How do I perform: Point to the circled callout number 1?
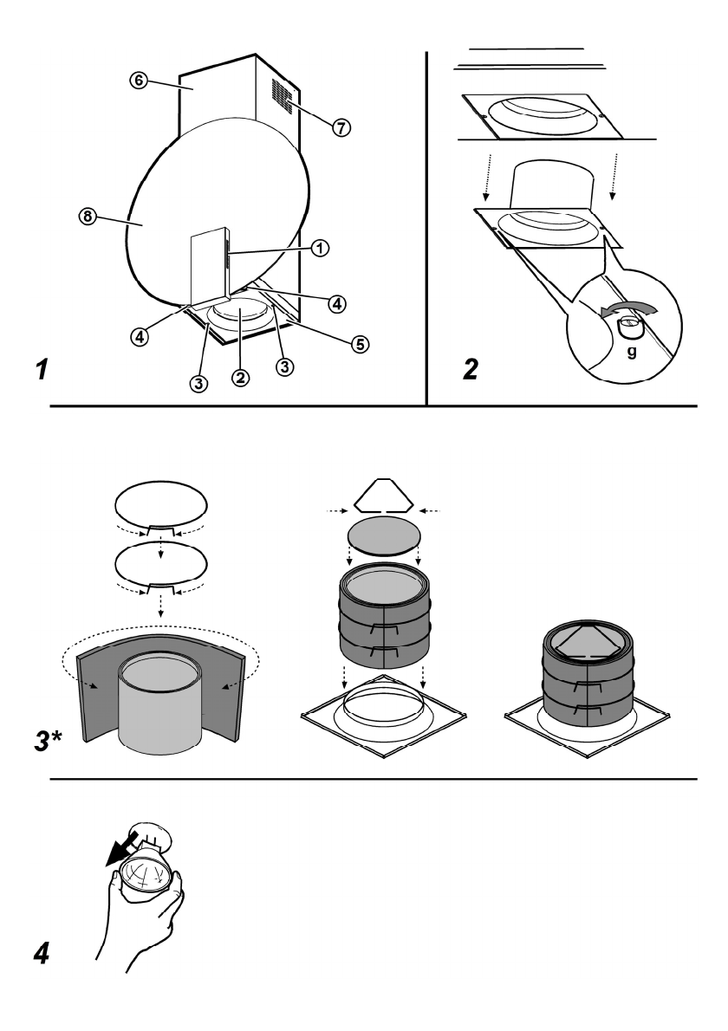tap(321, 247)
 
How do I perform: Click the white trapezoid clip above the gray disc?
tap(384, 495)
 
